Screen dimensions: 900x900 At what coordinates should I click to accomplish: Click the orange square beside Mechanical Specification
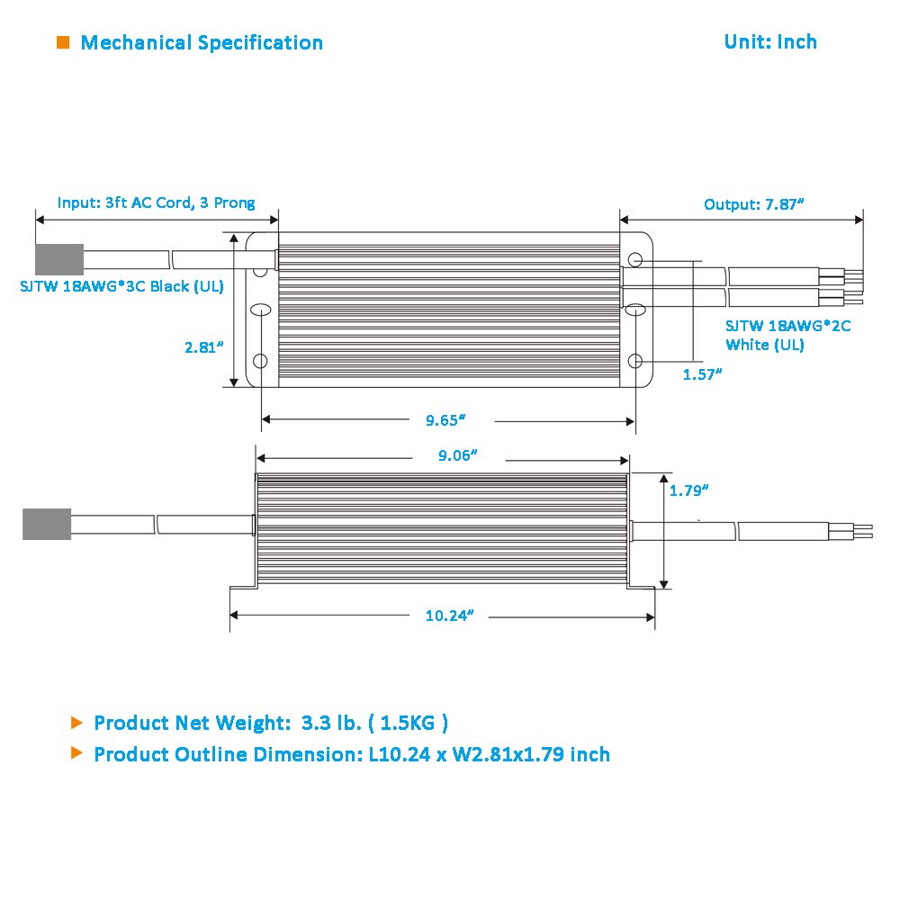63,42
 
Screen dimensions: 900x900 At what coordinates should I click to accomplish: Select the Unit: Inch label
770,42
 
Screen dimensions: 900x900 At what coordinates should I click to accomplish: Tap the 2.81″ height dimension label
203,347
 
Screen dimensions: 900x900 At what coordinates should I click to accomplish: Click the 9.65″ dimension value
445,420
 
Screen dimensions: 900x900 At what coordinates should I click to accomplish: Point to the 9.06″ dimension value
458,455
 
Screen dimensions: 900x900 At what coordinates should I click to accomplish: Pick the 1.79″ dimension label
688,490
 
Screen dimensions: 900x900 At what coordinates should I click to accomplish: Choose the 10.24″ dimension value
449,616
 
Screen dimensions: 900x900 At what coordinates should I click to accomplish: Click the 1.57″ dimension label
702,374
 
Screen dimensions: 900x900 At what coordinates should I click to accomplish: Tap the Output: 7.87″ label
753,204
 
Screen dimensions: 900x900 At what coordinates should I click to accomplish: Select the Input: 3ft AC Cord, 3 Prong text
156,202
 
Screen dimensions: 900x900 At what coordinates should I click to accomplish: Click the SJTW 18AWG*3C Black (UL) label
121,286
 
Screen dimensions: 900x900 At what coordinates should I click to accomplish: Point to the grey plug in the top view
59,259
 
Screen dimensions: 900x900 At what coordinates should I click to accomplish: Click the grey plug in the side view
47,524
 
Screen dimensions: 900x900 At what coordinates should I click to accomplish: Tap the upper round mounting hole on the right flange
634,260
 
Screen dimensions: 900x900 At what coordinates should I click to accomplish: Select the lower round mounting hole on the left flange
260,361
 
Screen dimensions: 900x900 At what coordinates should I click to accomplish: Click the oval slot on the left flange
261,310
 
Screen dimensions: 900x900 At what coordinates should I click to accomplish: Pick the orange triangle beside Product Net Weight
76,723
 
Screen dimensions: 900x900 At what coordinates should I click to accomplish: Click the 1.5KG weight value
408,723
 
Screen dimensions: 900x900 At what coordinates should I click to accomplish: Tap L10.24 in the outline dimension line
399,754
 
